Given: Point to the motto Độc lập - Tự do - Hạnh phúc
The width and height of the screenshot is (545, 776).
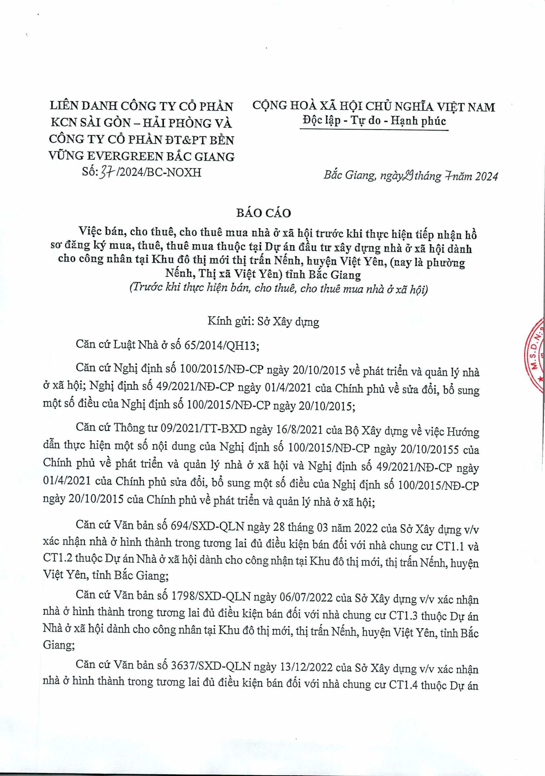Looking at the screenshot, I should pyautogui.click(x=374, y=121).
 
